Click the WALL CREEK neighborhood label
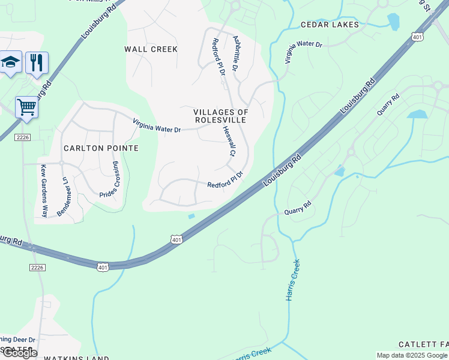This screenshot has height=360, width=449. point(151,49)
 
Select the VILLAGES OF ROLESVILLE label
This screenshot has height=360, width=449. point(221,116)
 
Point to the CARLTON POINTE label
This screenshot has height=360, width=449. point(101,148)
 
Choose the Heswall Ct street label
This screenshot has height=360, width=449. point(228,142)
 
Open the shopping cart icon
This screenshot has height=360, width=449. point(26,107)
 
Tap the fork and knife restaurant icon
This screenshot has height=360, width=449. point(37,62)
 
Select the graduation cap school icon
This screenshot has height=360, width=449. point(11,62)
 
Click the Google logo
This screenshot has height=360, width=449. point(19,353)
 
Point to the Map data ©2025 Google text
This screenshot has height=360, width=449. point(412,355)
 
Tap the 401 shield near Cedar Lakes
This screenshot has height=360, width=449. point(418,37)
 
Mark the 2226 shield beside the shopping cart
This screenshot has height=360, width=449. point(22,138)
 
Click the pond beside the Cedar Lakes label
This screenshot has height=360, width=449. point(394,22)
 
